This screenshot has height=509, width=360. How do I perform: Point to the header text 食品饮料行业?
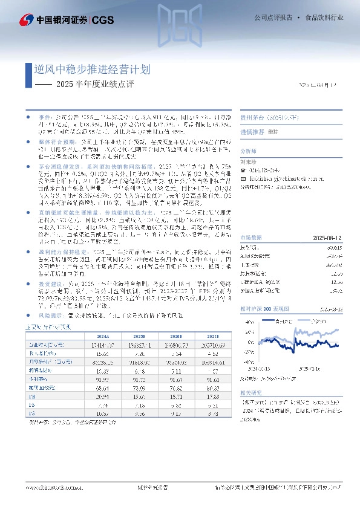324,18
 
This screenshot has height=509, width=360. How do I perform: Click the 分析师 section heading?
249,151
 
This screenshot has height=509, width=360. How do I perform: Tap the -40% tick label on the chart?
248,363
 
